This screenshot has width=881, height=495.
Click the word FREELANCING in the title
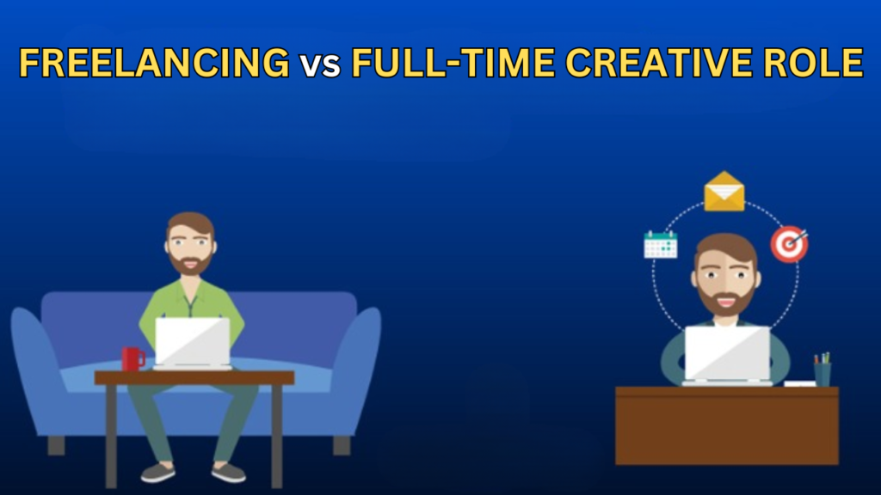(x=155, y=62)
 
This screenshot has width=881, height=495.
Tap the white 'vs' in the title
(x=320, y=65)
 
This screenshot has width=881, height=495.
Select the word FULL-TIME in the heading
(x=453, y=62)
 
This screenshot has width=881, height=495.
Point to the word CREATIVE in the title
(x=658, y=62)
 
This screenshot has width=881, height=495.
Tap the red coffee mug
(x=133, y=359)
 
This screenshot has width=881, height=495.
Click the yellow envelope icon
(x=724, y=192)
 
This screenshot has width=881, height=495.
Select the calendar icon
(x=661, y=245)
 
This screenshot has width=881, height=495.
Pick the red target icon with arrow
(x=790, y=243)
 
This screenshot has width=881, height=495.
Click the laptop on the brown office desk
(x=727, y=356)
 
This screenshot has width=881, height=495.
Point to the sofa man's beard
(x=190, y=264)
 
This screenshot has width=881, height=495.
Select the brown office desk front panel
(x=727, y=426)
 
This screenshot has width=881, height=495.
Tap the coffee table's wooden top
(x=194, y=378)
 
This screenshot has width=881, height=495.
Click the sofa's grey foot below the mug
(x=56, y=446)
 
